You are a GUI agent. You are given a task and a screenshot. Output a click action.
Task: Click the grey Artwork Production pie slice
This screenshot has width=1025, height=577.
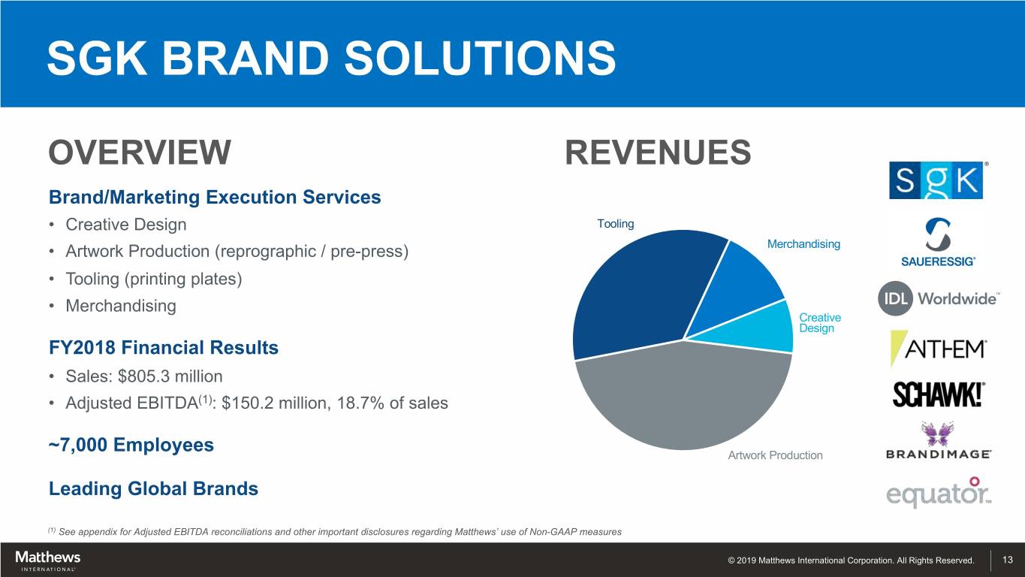(683, 398)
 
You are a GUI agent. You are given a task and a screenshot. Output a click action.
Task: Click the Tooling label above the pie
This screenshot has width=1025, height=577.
(615, 224)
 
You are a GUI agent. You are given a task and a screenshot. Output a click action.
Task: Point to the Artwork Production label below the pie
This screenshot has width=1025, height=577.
(775, 455)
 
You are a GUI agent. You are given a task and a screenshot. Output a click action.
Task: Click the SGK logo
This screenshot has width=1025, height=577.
(936, 180)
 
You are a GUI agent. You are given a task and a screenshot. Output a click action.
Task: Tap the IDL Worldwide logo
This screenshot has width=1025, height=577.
(938, 298)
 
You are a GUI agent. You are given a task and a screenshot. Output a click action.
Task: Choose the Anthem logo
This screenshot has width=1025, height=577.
(938, 349)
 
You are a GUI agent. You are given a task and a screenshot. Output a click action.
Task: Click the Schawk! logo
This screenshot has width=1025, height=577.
(938, 394)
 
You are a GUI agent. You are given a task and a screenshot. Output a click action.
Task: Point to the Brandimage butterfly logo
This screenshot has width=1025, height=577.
(938, 442)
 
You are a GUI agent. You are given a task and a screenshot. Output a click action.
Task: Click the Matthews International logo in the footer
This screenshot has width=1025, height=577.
(47, 560)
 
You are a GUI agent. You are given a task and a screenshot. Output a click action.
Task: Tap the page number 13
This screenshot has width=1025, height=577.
(1007, 560)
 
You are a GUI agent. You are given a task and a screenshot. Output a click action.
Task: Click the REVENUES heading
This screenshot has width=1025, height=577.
(657, 153)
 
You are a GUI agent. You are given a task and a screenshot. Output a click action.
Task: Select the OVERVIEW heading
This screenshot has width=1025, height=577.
(140, 153)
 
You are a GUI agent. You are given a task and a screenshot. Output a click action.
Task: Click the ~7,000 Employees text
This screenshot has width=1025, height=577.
(131, 445)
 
